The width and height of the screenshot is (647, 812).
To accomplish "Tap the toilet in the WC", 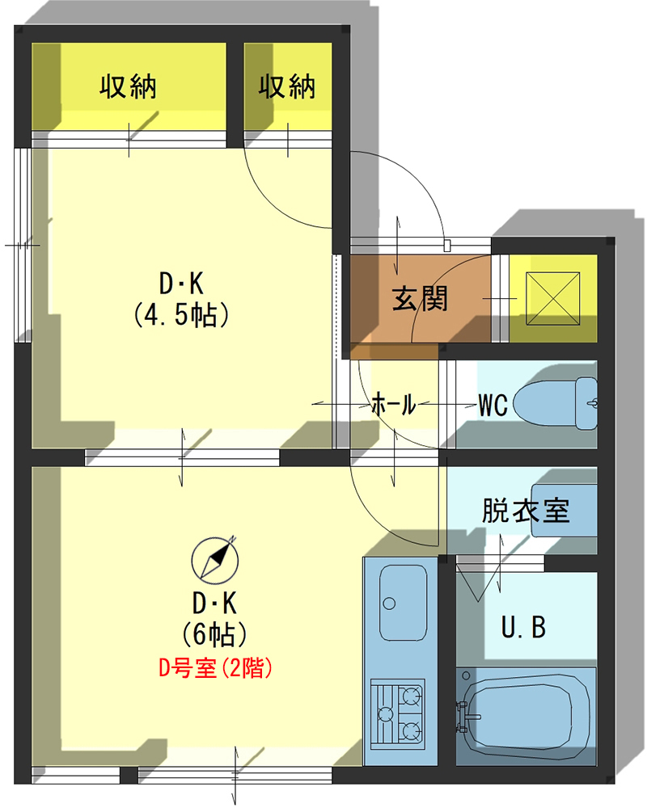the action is coord(556,403).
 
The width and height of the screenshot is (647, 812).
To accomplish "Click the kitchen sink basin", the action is coord(403,602).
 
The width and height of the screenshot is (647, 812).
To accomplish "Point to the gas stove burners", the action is coord(398,713).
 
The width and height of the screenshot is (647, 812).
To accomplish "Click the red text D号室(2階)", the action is coord(215,668).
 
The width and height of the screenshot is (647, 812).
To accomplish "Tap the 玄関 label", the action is coord(420,299).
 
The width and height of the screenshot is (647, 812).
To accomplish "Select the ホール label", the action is coord(394,404).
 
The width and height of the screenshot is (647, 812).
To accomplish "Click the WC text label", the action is coord(493,406).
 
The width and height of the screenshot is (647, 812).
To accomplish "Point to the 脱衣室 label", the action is coord(526,511).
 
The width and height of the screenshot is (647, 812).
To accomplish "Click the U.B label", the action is coord(523,627).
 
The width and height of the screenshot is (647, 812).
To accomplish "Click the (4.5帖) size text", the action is coord(181,315).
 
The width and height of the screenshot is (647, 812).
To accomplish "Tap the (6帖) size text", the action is coord(214,634).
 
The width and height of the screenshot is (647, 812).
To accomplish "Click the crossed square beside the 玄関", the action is coord(552,299).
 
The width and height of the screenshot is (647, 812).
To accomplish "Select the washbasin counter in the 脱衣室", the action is coord(564,511).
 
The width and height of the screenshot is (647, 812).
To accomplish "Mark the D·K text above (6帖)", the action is coord(214,604).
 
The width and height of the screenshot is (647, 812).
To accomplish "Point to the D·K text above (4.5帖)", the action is coord(181,284).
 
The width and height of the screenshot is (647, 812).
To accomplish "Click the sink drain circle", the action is coord(389,604).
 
